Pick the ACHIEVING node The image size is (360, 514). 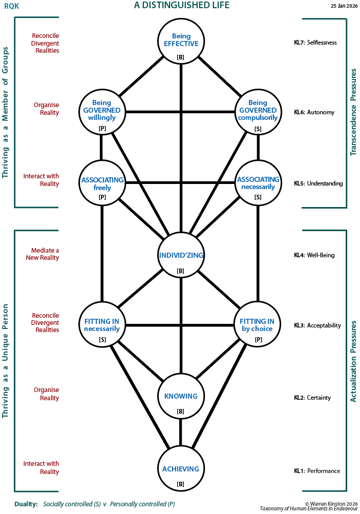(181, 469)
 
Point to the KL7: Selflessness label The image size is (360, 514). (315, 43)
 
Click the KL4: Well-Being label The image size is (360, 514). (314, 255)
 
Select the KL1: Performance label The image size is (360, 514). (316, 471)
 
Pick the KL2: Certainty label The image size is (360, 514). (312, 398)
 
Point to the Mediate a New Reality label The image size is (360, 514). (43, 254)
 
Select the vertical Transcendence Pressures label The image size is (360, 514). (353, 113)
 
